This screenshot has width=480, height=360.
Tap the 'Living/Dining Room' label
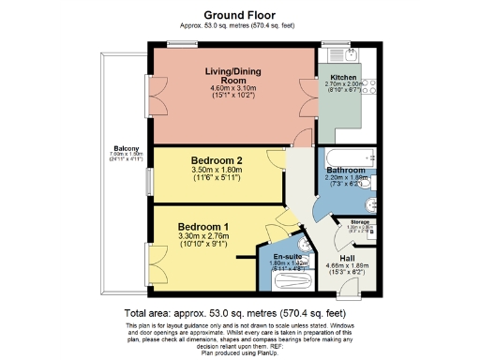coord(232,75)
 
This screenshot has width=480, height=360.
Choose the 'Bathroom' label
coord(346,170)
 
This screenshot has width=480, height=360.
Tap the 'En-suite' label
coord(288,256)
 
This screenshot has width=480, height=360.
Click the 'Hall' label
coord(347,257)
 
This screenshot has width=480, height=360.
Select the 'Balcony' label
coord(122,149)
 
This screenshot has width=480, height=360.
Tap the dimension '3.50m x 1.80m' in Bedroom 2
coord(217,170)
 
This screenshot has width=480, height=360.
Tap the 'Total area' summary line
coord(239,313)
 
